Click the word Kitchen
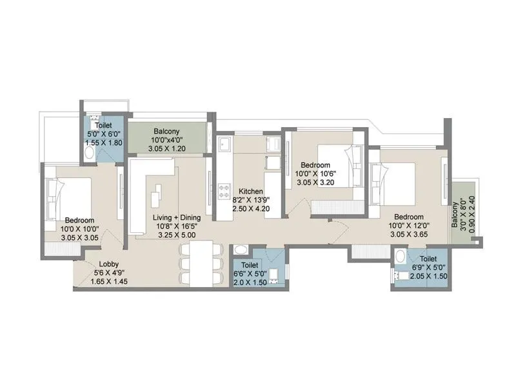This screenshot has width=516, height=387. pos(250,192)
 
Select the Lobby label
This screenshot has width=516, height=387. pos(108,263)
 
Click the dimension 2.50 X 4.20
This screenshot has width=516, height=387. pos(250,210)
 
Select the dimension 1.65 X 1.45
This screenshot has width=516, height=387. pos(108,281)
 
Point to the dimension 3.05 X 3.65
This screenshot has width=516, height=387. pos(408,235)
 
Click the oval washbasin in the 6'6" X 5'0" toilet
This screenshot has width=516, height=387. pos(240,251)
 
